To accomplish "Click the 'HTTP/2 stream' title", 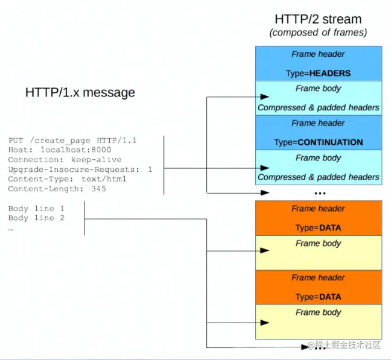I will point(318,19).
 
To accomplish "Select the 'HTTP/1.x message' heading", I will point(80,92).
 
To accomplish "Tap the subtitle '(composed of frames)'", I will point(318,33).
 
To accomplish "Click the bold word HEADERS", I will point(330,73).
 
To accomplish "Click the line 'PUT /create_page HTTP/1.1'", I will point(72,141).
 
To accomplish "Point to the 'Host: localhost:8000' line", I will point(60,150).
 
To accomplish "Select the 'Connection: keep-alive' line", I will point(65,160).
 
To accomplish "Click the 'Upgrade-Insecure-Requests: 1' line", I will point(80,169).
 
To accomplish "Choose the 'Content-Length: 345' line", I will point(57,189).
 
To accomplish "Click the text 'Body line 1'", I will point(36,208).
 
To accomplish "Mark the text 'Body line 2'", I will point(36,218).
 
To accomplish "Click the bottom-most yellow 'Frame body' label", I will point(318,312).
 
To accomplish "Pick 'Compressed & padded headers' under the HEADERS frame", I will point(318,107).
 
